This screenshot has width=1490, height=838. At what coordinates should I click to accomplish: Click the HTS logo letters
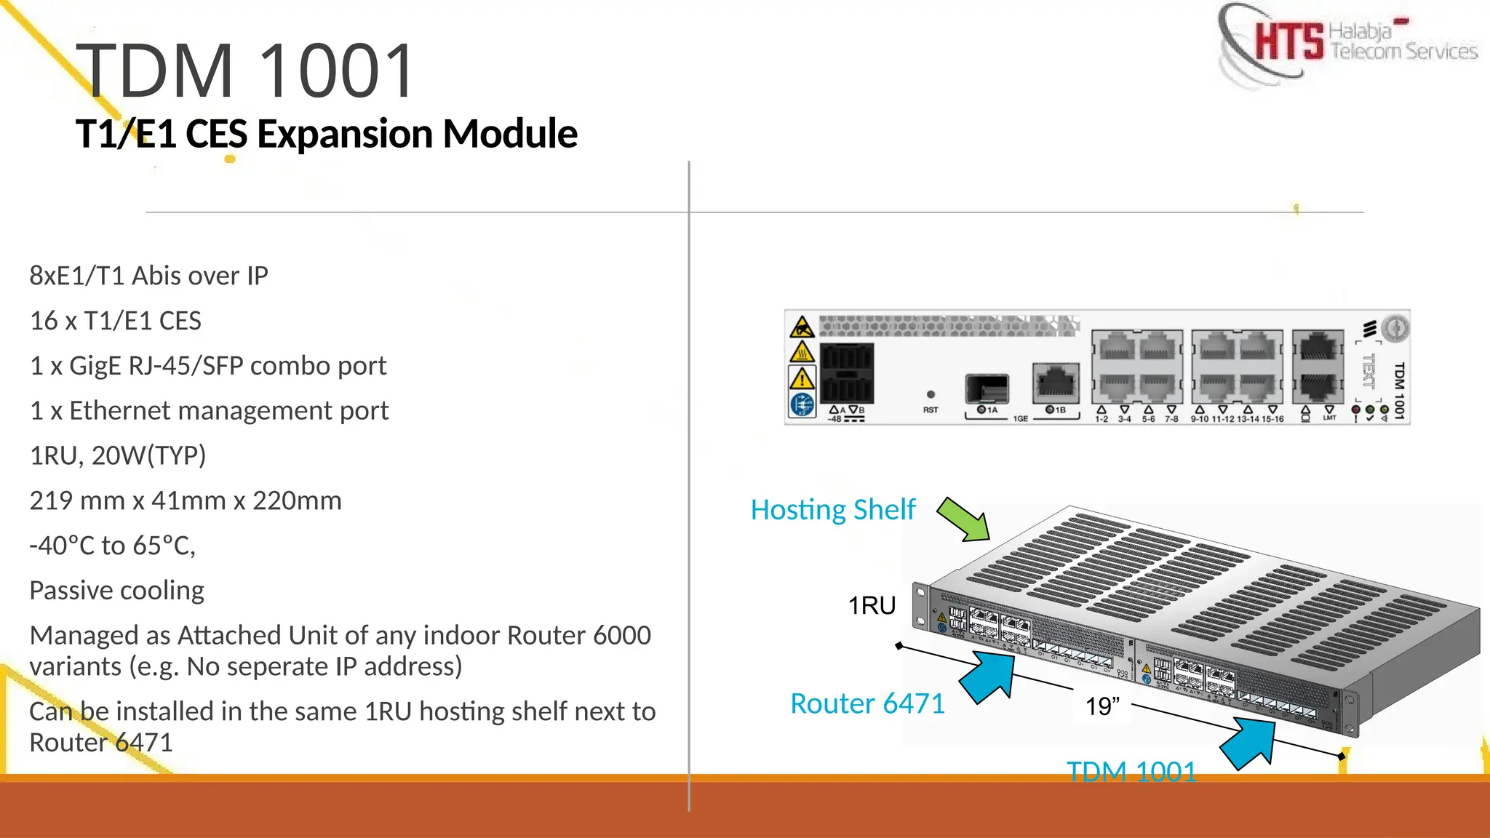tap(1288, 42)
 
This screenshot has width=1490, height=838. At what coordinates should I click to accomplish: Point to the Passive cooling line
tap(116, 590)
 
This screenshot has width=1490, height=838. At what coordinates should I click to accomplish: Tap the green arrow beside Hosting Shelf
tap(964, 519)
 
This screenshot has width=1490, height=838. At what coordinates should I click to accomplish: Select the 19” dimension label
tap(1102, 706)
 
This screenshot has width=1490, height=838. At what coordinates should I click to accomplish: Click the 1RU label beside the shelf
tap(872, 605)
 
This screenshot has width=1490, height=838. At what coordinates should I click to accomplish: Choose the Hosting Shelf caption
tap(832, 509)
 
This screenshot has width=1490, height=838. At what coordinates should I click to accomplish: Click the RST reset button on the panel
tap(931, 394)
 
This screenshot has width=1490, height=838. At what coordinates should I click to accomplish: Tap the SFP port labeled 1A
tap(987, 388)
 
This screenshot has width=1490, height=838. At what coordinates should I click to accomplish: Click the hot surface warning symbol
tap(802, 353)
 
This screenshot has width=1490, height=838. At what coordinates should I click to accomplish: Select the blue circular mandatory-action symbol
tap(802, 404)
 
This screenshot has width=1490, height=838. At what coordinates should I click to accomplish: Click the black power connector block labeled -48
tap(847, 373)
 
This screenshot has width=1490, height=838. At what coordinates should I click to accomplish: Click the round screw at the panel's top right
tap(1395, 328)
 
